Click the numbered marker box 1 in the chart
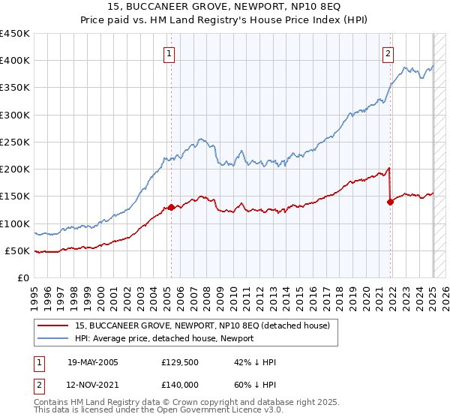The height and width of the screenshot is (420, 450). (x=170, y=53)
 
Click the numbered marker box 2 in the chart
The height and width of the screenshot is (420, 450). (x=388, y=53)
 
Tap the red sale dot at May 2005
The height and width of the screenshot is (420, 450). (x=171, y=207)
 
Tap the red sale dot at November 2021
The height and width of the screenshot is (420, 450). (x=391, y=201)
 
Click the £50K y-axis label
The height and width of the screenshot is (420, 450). (x=17, y=250)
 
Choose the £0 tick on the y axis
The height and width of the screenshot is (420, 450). (x=23, y=277)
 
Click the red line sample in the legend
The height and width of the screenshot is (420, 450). (x=52, y=325)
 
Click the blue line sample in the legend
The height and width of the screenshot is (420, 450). (x=52, y=338)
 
